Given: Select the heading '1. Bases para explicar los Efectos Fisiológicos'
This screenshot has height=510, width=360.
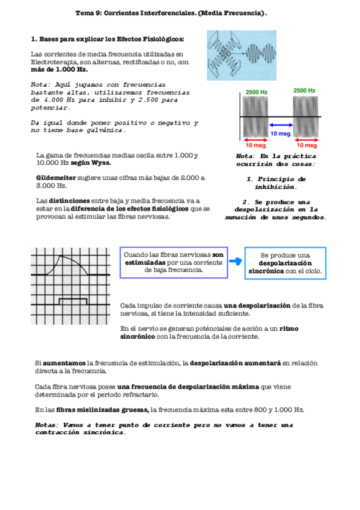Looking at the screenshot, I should coord(107,39).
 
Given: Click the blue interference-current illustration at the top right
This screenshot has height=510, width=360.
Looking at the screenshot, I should coord(242,55).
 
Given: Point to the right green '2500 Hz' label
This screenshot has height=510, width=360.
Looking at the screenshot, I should coord(304,90).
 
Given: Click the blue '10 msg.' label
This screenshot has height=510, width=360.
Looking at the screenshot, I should coord(281,134).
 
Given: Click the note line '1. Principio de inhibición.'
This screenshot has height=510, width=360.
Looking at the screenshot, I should coord(276,183).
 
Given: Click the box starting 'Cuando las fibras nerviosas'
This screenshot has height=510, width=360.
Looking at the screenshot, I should coord(174,262).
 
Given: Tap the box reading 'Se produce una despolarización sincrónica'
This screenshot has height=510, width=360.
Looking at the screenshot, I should coord(285,263).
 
